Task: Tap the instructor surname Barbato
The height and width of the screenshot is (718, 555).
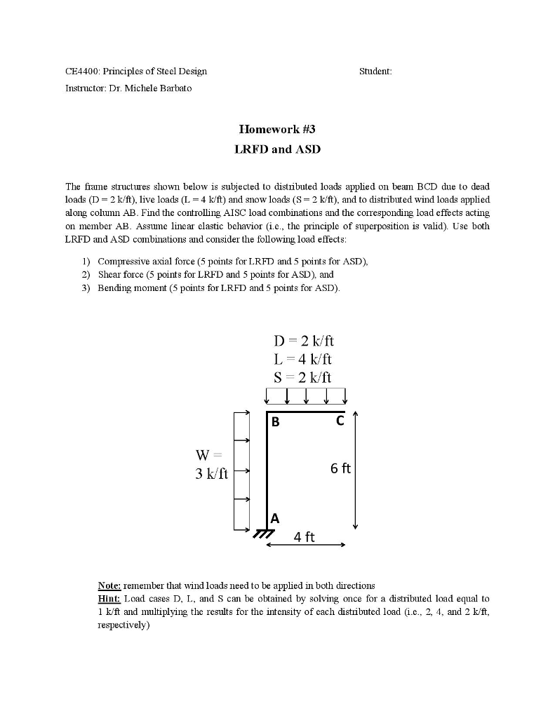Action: coord(175,88)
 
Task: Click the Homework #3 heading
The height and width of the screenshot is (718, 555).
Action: coord(277,129)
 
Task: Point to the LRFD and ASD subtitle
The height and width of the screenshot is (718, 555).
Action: coord(277,149)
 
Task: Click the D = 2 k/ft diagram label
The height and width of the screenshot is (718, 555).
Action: coord(304,341)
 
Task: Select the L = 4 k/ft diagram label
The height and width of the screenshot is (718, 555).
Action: coord(303,359)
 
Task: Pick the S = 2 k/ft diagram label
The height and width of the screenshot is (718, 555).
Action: coord(303,377)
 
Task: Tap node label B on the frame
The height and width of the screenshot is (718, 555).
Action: coord(276,422)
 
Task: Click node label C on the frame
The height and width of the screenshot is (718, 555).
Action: coord(340,421)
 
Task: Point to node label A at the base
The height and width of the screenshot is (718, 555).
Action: coord(275,519)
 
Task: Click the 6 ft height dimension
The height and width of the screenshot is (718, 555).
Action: coord(341,468)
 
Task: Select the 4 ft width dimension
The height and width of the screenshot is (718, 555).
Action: coord(305,538)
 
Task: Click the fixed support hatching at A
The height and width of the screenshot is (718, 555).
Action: coord(262,534)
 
